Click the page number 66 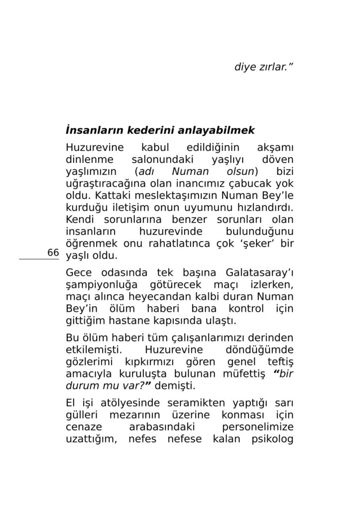[x=53, y=253]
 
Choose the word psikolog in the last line [x=272, y=439]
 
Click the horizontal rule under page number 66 [x=39, y=259]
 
